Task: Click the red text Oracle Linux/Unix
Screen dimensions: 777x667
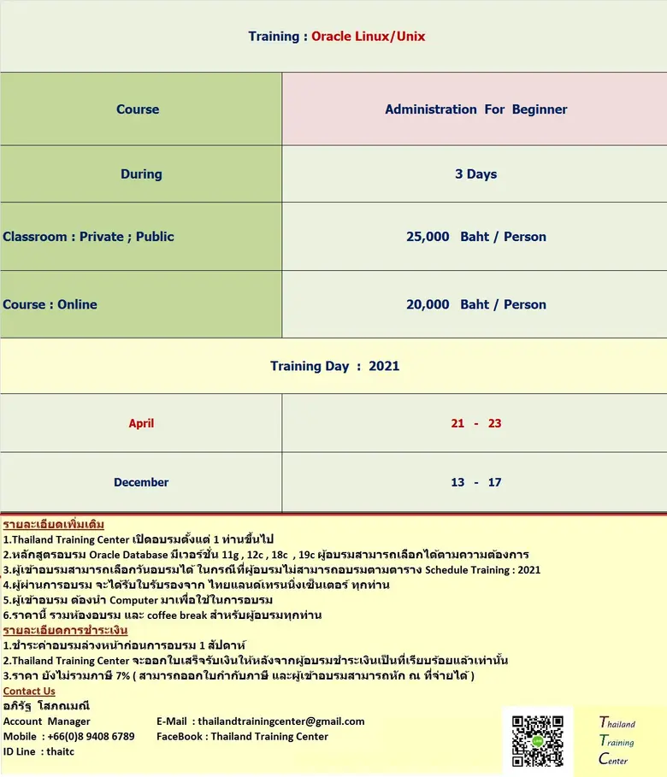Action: point(368,36)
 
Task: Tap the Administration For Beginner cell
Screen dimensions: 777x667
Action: point(475,109)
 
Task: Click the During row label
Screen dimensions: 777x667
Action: point(141,174)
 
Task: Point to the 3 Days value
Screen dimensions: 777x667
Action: point(475,174)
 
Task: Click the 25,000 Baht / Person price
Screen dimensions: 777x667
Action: point(475,237)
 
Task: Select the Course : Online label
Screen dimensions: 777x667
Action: point(50,304)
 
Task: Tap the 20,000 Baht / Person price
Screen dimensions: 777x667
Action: point(475,304)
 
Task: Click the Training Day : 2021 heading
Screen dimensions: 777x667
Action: point(334,366)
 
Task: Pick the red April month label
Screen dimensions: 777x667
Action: point(141,423)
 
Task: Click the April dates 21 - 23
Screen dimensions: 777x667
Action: point(475,423)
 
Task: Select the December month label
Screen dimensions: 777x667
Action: point(141,482)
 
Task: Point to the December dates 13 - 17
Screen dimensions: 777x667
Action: point(475,482)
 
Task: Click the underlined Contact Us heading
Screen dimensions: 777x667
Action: point(29,691)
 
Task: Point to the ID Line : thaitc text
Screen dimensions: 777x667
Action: point(39,751)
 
